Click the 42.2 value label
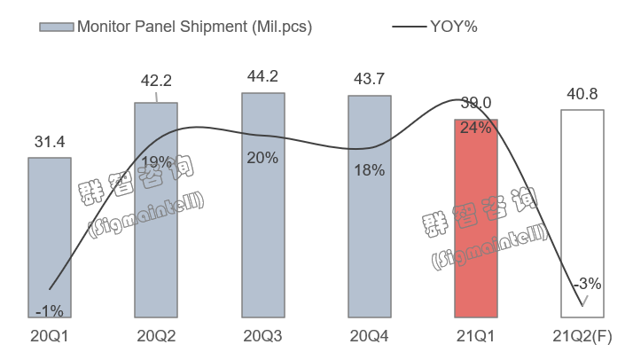click(x=156, y=82)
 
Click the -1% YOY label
click(x=50, y=310)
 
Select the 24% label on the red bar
click(x=476, y=128)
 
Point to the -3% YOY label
click(x=587, y=285)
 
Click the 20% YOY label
click(x=263, y=158)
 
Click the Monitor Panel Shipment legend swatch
click(x=55, y=27)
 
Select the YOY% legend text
click(x=455, y=27)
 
